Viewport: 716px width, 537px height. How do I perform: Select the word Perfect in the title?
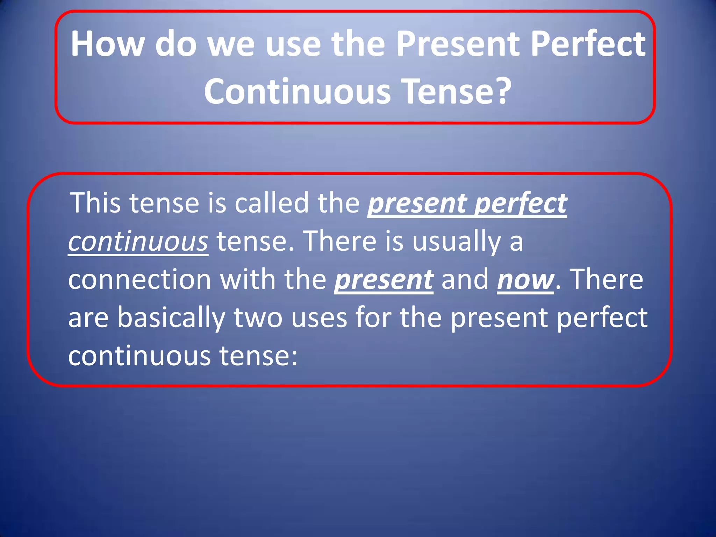[x=588, y=44]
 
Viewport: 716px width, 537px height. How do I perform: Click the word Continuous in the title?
[x=298, y=92]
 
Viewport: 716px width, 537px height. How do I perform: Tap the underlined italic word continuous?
[x=138, y=242]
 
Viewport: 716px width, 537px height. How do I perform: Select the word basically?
[x=171, y=318]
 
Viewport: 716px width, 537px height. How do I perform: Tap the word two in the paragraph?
[x=258, y=318]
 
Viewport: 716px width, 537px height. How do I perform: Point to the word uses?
[x=319, y=318]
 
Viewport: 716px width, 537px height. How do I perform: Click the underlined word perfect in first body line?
[x=521, y=203]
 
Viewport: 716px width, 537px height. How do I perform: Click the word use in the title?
[x=293, y=44]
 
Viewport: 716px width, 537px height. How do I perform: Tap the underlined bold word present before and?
[x=384, y=280]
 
